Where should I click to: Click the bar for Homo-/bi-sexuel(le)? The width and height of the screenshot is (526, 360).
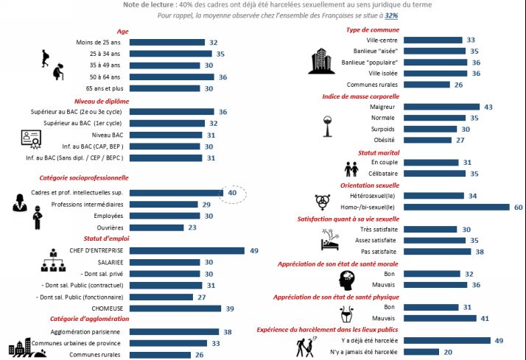(457, 207)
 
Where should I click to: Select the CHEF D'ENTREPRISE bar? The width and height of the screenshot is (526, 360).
(187, 251)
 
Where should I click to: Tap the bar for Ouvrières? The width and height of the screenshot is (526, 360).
(157, 227)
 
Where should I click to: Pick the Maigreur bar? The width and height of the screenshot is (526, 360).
(441, 107)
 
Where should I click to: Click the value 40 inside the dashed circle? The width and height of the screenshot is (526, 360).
(232, 193)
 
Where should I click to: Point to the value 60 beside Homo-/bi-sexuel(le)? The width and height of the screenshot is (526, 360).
(519, 207)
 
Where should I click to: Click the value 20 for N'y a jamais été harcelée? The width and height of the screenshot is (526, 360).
(448, 352)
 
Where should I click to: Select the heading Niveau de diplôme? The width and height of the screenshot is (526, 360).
(102, 102)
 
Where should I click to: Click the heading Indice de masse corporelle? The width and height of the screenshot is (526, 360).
(361, 96)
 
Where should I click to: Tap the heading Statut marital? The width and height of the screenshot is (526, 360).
(379, 153)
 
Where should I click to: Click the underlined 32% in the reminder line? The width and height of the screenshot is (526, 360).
(391, 15)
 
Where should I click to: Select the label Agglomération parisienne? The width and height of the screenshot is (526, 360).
(85, 332)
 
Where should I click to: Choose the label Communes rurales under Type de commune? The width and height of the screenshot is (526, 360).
(372, 85)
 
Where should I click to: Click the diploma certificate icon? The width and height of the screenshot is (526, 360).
(31, 139)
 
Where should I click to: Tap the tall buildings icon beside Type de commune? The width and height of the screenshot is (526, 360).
(321, 60)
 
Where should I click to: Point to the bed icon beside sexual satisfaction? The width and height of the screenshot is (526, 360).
(330, 240)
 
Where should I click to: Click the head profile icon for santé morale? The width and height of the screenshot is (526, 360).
(346, 280)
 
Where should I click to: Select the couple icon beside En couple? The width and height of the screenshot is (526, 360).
(351, 169)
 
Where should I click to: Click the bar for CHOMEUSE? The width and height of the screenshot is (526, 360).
(175, 308)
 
